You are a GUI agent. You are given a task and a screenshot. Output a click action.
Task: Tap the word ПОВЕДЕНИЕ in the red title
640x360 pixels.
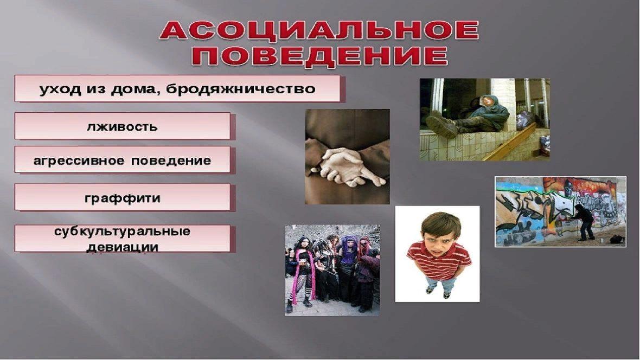tap(319, 56)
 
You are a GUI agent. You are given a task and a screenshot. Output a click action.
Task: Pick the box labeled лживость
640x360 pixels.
tap(123, 126)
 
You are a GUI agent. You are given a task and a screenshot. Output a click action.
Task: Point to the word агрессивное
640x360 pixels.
tap(78, 161)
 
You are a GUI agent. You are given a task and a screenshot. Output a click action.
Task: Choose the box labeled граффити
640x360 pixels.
tap(123, 197)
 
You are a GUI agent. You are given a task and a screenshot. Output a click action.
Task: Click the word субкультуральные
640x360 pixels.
tap(123, 232)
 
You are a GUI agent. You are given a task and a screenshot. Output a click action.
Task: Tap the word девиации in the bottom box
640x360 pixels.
tap(123, 247)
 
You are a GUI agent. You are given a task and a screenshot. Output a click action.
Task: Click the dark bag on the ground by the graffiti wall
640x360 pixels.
tap(618, 240)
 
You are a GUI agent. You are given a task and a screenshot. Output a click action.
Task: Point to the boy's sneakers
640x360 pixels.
tap(438, 292)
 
